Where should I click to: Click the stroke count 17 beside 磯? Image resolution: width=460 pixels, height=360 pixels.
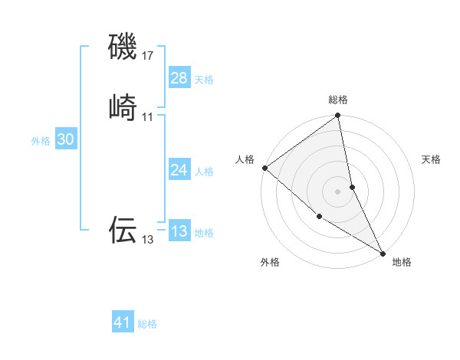pos(148,56)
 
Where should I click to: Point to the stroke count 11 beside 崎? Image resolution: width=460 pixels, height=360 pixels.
pos(148,117)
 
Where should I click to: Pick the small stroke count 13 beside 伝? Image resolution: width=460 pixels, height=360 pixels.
pos(148,240)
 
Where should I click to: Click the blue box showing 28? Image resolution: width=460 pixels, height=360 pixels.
pos(179,78)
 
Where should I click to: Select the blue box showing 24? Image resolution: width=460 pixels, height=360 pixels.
pos(179,170)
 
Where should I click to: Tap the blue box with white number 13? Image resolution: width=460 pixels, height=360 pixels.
pos(179,231)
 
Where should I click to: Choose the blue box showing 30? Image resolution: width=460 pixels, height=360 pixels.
pos(65,139)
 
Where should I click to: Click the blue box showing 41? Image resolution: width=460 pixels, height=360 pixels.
pos(123,322)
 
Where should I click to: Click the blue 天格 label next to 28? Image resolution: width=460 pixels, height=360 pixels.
pos(204,80)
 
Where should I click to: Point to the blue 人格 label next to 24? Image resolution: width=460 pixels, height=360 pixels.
pos(204,172)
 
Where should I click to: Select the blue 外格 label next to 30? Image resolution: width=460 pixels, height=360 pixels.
pos(41,141)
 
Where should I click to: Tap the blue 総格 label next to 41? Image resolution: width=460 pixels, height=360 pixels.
pos(147,324)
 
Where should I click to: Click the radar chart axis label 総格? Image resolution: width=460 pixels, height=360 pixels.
pos(338,100)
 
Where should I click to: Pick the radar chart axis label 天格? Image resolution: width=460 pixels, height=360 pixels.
pos(431,159)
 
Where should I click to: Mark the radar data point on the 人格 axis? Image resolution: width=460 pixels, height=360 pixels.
pos(264,168)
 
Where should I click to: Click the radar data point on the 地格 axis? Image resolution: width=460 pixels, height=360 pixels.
pos(383,252)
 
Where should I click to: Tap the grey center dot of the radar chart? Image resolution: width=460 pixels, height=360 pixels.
pos(338,191)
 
